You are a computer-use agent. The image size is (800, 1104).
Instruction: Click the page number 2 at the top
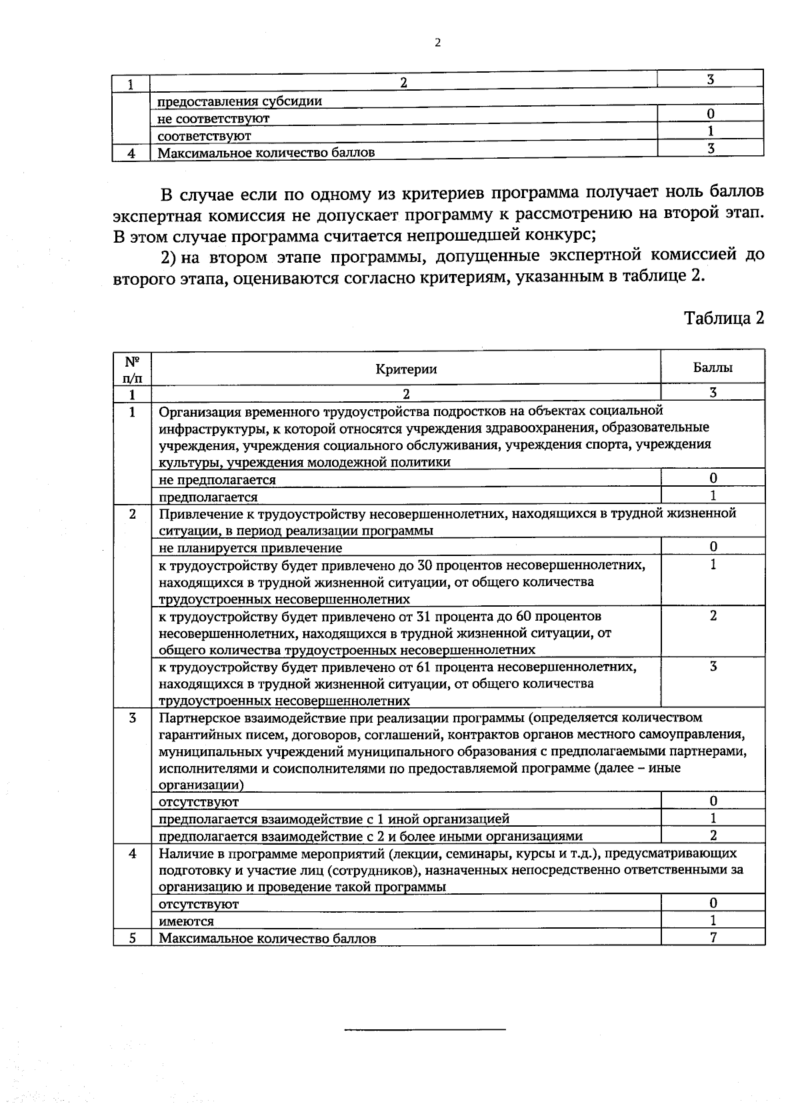(437, 43)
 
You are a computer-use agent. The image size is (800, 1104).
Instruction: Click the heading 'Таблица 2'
(724, 318)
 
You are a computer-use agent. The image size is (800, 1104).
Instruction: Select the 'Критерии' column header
(406, 369)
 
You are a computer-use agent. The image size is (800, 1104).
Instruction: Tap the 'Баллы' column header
(713, 367)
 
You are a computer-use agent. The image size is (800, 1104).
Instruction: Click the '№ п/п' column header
(132, 369)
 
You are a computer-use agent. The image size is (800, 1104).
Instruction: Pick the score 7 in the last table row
(713, 937)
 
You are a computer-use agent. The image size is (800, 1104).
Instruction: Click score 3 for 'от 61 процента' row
(713, 666)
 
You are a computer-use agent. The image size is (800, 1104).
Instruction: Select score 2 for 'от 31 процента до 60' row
(713, 615)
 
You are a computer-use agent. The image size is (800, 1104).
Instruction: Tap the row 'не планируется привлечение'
(251, 548)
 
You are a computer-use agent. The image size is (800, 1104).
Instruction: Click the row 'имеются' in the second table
(186, 921)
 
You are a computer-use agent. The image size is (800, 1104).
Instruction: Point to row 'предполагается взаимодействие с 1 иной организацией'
(333, 819)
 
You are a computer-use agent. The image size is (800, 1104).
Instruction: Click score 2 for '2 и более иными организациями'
(713, 835)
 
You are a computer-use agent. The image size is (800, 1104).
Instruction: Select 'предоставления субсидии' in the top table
(239, 101)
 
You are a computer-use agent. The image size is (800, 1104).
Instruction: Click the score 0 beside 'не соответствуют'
(711, 114)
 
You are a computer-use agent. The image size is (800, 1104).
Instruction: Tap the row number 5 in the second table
(132, 938)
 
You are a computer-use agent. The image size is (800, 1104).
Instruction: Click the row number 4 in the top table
(131, 153)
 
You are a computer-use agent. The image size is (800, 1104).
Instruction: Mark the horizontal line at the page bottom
(425, 1029)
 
